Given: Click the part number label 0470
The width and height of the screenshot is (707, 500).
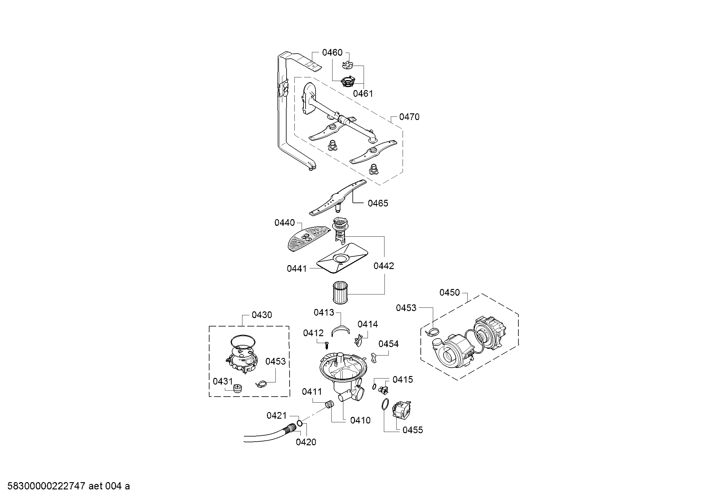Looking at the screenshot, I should click(x=409, y=117).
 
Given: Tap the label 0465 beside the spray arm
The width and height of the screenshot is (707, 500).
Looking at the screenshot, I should click(x=378, y=203).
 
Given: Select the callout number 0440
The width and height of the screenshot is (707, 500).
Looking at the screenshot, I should click(x=284, y=222).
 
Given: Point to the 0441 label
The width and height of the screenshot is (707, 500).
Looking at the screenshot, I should click(x=297, y=269).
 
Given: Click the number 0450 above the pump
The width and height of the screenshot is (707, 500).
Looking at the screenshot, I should click(x=449, y=293).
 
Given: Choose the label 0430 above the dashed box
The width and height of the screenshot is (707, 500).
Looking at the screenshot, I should click(x=262, y=315).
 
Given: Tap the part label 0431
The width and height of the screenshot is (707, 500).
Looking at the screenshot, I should click(x=223, y=381).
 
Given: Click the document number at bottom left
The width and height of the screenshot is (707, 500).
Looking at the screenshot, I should click(x=68, y=486).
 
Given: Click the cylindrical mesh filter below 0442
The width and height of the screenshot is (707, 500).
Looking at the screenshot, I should click(x=340, y=292).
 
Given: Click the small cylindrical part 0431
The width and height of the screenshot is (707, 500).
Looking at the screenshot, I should click(x=237, y=388).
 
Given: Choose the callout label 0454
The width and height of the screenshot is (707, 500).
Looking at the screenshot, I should click(x=388, y=344).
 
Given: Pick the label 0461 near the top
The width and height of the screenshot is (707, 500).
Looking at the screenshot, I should click(x=363, y=94).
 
